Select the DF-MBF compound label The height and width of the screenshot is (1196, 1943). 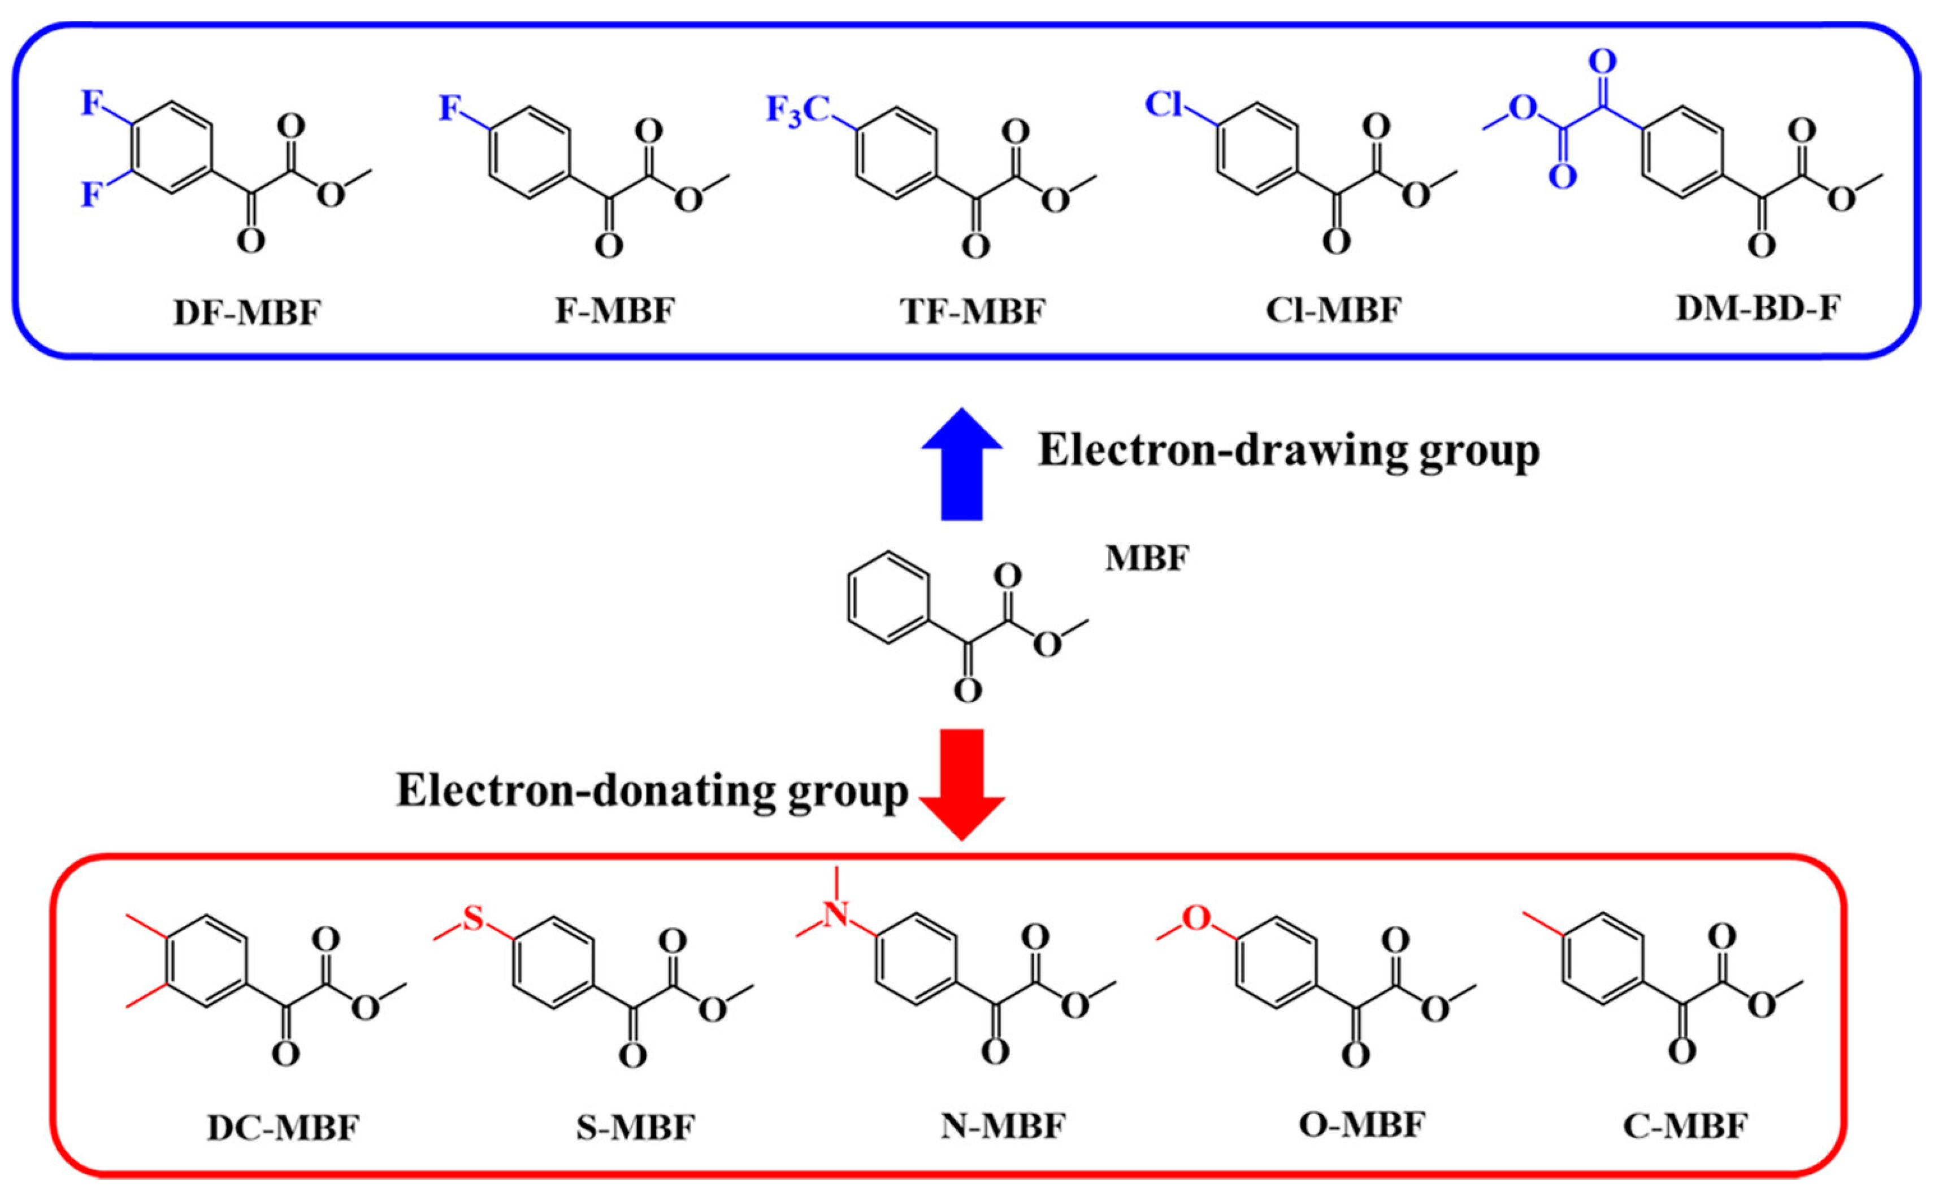click(248, 313)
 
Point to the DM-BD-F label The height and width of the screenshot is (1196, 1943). click(1758, 308)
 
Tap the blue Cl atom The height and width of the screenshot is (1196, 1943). click(1165, 103)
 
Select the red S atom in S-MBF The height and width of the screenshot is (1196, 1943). click(473, 919)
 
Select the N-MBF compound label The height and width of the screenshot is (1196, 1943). click(1003, 1125)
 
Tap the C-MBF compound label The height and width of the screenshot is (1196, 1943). click(1685, 1125)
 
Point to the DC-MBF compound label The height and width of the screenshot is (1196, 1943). click(283, 1127)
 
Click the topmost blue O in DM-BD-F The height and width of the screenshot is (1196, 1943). click(1602, 61)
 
